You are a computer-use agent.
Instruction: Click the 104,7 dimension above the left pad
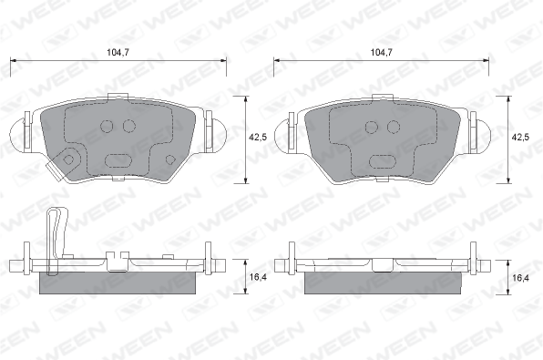[x=118, y=52]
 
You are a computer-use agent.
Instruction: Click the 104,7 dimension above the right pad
[x=382, y=52]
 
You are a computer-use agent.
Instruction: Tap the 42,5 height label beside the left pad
[x=258, y=138]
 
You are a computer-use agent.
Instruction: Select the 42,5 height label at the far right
[x=521, y=138]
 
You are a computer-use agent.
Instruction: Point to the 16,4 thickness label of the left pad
[x=258, y=277]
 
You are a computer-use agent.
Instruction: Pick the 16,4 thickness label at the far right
[x=521, y=277]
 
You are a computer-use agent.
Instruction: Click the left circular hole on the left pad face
[x=107, y=126]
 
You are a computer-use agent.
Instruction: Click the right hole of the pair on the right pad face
[x=394, y=128]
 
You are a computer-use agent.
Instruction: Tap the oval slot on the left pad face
[x=118, y=160]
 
